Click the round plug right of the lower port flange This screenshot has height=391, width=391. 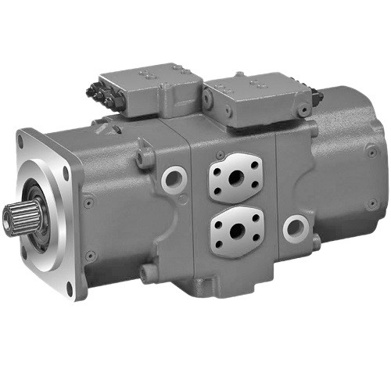[x=295, y=229]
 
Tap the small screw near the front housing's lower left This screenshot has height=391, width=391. [x=91, y=255]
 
